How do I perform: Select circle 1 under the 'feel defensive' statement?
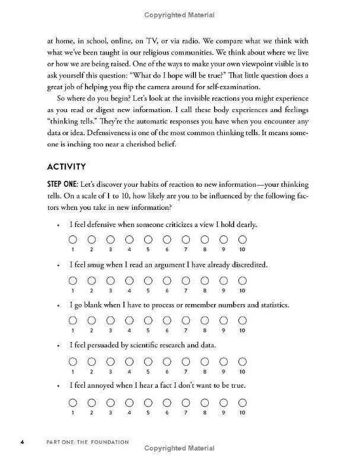(x=72, y=240)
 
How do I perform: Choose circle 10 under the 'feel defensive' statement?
(x=242, y=240)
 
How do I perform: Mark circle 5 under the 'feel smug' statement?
(x=148, y=280)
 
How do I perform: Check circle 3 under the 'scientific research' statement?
(x=110, y=360)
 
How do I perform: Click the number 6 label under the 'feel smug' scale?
(x=167, y=290)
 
